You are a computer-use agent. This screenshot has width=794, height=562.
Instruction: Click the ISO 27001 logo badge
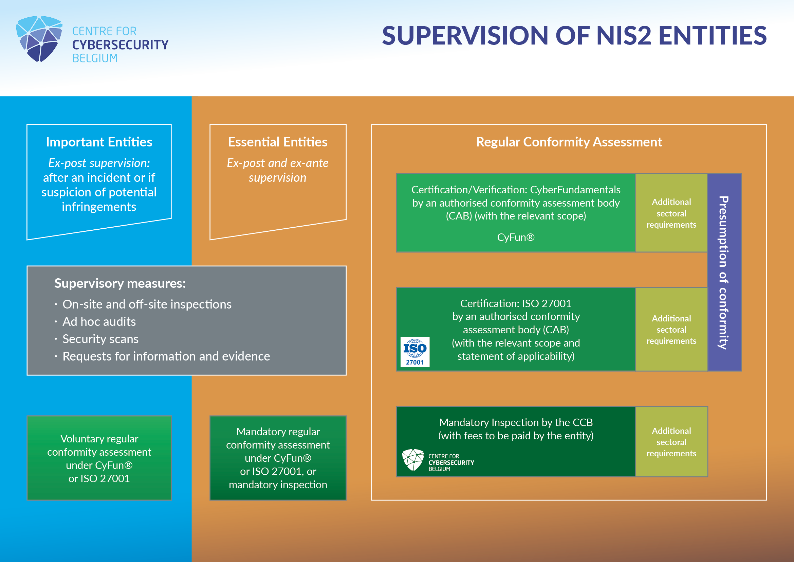click(x=414, y=352)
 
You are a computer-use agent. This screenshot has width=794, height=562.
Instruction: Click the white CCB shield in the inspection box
click(x=413, y=460)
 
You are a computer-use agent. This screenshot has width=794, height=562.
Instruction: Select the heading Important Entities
click(x=99, y=142)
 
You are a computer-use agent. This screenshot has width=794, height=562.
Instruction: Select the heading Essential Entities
click(x=277, y=142)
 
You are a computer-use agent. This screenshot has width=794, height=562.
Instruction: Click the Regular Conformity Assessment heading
click(x=569, y=142)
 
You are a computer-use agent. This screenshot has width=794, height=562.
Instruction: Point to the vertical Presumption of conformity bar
click(x=724, y=273)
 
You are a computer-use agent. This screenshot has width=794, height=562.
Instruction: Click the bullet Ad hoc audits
click(x=99, y=321)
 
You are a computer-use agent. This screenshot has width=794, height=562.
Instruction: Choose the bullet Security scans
click(x=100, y=339)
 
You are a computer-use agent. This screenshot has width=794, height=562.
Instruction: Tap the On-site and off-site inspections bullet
click(x=147, y=304)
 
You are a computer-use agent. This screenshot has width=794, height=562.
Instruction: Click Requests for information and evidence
click(x=166, y=356)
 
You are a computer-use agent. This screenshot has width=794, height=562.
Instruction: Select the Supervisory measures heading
click(x=120, y=283)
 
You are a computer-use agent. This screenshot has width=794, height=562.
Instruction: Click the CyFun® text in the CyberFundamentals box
click(x=516, y=238)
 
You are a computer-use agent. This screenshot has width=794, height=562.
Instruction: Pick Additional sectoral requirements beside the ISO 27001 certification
click(x=671, y=330)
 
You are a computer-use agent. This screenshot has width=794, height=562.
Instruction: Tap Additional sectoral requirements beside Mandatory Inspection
click(x=671, y=442)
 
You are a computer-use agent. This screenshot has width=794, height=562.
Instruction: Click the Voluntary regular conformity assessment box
click(x=99, y=458)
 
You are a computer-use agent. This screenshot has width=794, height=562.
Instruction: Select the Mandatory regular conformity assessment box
click(x=278, y=458)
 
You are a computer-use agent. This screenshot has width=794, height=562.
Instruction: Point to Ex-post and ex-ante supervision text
click(x=277, y=170)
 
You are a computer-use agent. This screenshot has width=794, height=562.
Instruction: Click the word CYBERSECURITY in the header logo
click(x=120, y=45)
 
